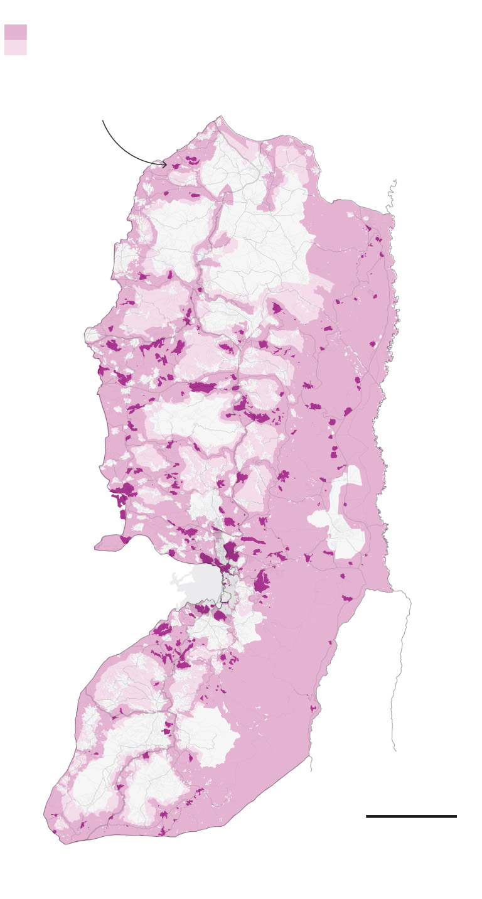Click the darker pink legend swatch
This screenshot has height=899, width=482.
pos(15,32)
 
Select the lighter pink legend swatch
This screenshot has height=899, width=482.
pos(15,48)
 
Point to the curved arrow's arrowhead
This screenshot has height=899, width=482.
pos(165,164)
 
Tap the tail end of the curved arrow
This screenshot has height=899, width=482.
pos(103,121)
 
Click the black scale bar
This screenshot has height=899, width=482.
pos(411,816)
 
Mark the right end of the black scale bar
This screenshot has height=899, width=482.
pos(456,816)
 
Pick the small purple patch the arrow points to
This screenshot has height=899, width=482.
pos(176,166)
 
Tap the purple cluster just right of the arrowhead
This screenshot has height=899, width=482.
pos(192,161)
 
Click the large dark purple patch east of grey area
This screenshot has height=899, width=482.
pos(262,581)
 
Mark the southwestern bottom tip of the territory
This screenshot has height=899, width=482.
pos(63,841)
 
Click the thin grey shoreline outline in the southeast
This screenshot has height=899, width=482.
pos(402,659)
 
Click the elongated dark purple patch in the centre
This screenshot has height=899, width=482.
pos(202,387)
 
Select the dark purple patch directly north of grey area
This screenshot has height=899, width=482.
pos(230,551)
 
